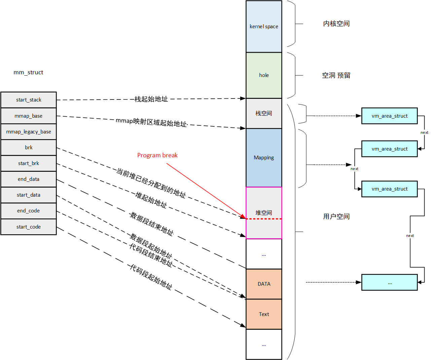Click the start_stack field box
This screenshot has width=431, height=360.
29,100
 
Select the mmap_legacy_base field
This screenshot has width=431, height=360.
29,132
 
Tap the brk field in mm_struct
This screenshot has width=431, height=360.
29,148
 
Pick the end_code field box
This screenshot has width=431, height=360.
29,211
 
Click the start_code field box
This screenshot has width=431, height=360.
29,227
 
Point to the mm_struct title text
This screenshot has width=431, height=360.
28,72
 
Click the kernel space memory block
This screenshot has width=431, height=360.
264,27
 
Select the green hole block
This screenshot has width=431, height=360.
264,75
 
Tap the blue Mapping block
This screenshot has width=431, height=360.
264,158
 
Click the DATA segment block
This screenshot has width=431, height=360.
264,284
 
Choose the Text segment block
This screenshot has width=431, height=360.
264,314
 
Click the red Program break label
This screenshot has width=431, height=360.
157,155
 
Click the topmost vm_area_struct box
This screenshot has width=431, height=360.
389,116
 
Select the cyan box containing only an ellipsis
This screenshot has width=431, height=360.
389,282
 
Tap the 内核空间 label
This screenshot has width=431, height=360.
336,24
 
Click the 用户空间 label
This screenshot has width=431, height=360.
336,216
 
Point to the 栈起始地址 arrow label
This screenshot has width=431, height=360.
151,99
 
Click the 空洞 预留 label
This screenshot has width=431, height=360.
336,75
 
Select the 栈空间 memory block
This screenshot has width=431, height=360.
264,113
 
